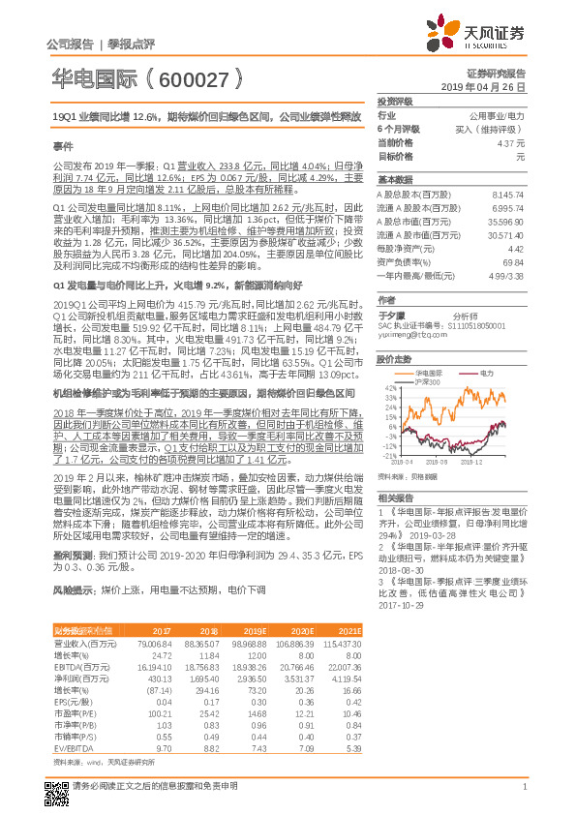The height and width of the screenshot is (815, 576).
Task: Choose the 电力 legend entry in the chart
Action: coord(485,372)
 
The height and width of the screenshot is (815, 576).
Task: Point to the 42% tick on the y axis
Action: coord(389,386)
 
